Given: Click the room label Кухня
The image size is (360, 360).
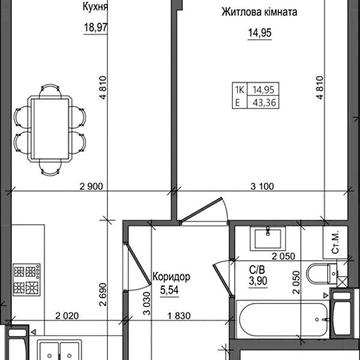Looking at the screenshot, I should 68,5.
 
